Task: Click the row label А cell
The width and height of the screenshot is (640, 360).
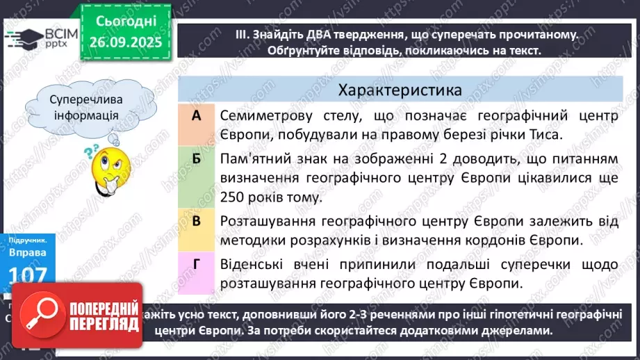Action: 196,116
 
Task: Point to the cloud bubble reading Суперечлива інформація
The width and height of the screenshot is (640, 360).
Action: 83,108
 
